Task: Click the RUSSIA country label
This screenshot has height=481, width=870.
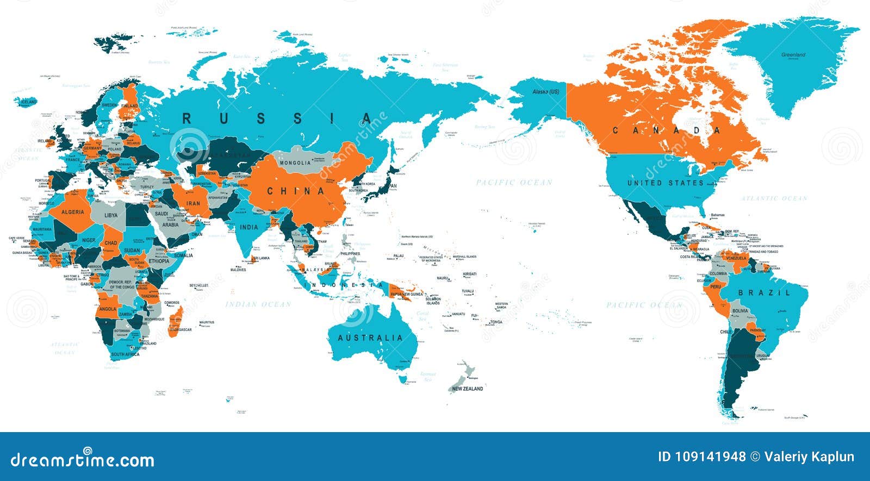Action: [x=277, y=118]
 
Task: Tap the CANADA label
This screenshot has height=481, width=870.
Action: [x=667, y=130]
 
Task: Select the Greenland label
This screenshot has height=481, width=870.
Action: [x=793, y=55]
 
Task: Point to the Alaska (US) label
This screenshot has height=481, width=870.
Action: [x=546, y=92]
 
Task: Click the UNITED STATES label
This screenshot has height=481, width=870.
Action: [x=666, y=183]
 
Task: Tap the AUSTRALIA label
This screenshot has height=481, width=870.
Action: [x=370, y=338]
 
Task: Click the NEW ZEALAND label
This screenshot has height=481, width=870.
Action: [x=467, y=389]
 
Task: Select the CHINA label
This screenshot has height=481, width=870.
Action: [x=296, y=191]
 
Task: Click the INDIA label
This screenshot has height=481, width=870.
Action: [x=249, y=227]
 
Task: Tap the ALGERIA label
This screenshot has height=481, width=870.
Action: [x=72, y=212]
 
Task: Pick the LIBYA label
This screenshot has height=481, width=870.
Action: [x=111, y=215]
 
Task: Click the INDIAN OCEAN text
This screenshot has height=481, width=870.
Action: [x=258, y=304]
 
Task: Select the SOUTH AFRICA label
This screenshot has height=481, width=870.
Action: [x=125, y=354]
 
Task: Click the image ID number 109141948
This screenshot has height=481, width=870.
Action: [x=701, y=457]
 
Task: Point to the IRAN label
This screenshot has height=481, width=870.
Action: [x=194, y=203]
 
